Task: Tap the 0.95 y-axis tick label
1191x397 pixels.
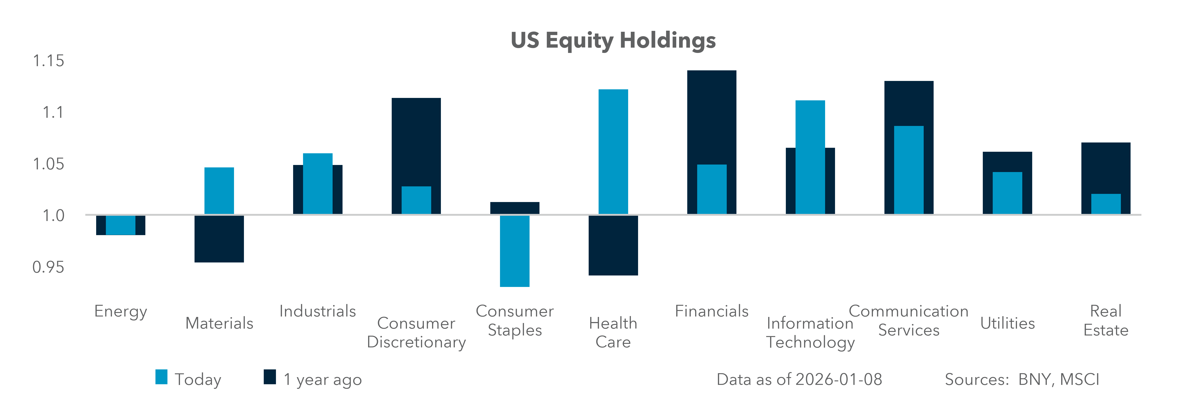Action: point(48,267)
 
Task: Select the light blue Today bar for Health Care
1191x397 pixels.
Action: point(613,152)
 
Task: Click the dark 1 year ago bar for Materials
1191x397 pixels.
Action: point(219,239)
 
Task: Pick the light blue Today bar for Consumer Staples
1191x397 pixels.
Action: point(515,251)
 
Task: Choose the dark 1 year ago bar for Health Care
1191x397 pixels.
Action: point(613,245)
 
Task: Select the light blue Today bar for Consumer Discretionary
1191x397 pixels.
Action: point(416,200)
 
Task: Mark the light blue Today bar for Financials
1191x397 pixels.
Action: point(712,189)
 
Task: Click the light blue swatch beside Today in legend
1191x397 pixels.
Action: point(161,377)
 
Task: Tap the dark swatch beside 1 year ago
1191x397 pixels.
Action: point(270,377)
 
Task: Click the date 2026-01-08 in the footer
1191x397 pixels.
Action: point(838,379)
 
